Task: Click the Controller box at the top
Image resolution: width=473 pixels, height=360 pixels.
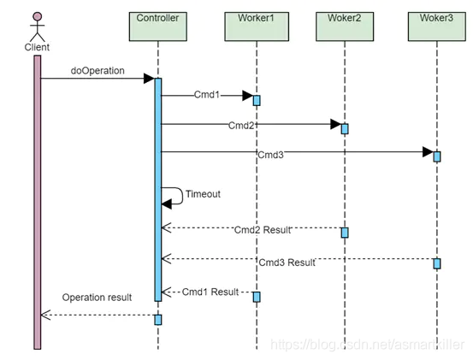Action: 157,27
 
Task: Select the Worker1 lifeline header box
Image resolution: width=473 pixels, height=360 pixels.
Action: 257,27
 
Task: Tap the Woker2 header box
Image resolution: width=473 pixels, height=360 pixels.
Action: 345,27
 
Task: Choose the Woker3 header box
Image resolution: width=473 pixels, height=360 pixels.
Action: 437,27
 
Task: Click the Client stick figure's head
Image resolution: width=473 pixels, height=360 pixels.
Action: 38,16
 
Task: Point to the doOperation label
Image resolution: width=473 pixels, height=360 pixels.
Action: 98,71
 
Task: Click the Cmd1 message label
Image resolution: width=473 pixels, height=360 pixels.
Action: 207,95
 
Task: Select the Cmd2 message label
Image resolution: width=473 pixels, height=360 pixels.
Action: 241,126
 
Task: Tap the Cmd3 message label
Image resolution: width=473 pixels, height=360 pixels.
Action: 270,155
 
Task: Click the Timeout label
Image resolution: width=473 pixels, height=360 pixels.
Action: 203,194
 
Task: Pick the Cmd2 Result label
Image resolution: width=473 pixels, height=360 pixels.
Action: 263,230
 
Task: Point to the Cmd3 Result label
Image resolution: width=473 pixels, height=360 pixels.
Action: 287,263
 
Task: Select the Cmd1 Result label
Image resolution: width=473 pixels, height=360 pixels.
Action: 210,292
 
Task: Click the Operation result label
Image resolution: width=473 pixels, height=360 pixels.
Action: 97,298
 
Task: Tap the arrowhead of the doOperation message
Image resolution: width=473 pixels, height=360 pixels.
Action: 150,79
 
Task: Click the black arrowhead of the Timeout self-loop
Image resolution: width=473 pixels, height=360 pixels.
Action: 167,204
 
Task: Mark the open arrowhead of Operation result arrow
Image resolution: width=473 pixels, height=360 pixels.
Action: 45,315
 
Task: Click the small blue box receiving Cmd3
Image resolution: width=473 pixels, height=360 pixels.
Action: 437,156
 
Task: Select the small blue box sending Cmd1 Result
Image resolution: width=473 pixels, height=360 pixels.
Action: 257,297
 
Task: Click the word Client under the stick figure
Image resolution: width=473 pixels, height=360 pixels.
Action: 37,47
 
